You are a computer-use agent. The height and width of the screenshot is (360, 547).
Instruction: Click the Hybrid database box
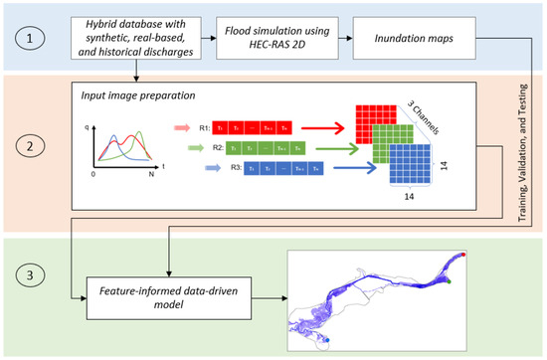click(x=144, y=36)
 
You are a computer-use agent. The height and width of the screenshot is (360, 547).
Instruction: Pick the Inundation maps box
click(x=409, y=36)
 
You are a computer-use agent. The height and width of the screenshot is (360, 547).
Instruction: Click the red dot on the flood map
click(x=463, y=256)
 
